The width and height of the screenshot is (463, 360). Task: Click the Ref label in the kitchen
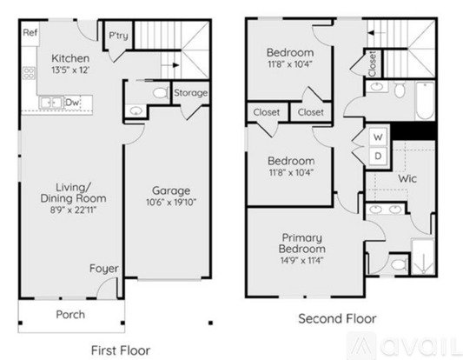pyautogui.click(x=30, y=32)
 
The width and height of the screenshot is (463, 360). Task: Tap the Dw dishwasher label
pyautogui.click(x=72, y=103)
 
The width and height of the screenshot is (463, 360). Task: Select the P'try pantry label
pyautogui.click(x=118, y=36)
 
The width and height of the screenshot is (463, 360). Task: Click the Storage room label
pyautogui.click(x=190, y=93)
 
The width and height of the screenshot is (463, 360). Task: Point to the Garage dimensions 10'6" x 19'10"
pyautogui.click(x=171, y=202)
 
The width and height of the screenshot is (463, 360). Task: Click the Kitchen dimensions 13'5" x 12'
pyautogui.click(x=70, y=70)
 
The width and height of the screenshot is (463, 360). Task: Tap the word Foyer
pyautogui.click(x=104, y=269)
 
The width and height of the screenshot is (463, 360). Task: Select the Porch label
pyautogui.click(x=70, y=315)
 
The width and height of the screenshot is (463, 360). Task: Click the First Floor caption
pyautogui.click(x=121, y=350)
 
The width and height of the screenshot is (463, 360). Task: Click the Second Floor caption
pyautogui.click(x=337, y=319)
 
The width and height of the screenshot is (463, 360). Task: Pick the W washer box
pyautogui.click(x=378, y=137)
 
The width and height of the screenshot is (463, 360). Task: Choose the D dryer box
pyautogui.click(x=378, y=156)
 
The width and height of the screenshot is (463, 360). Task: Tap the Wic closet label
pyautogui.click(x=407, y=179)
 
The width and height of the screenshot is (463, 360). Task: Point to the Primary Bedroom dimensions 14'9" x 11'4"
pyautogui.click(x=301, y=260)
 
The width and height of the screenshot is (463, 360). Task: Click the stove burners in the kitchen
pyautogui.click(x=29, y=73)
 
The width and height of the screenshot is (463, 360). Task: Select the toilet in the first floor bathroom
pyautogui.click(x=160, y=93)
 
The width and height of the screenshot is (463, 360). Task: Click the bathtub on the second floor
pyautogui.click(x=425, y=101)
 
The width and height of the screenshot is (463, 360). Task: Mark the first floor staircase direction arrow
pyautogui.click(x=171, y=65)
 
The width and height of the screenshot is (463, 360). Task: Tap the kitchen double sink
pyautogui.click(x=51, y=103)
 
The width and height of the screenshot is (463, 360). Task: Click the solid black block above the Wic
pyautogui.click(x=413, y=131)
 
